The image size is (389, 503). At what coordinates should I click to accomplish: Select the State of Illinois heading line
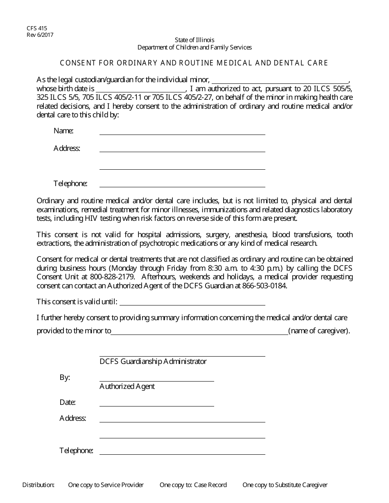point(194,40)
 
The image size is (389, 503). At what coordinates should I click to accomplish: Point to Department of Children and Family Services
point(194,47)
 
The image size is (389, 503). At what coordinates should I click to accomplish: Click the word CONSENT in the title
point(76,63)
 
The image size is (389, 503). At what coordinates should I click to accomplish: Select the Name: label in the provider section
point(63,131)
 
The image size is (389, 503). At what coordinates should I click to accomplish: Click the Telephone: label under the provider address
point(70,184)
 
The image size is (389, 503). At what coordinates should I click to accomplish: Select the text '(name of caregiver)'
point(319,331)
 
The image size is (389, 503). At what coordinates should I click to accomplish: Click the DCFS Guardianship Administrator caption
point(153,362)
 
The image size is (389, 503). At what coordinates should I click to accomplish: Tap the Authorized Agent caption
point(127,386)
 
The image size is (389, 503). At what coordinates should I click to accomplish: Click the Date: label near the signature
point(68,402)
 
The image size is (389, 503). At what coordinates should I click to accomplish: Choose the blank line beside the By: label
point(156,379)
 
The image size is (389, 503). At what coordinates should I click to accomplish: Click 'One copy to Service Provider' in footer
point(106,485)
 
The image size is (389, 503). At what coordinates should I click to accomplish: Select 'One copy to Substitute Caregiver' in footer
point(285,485)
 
